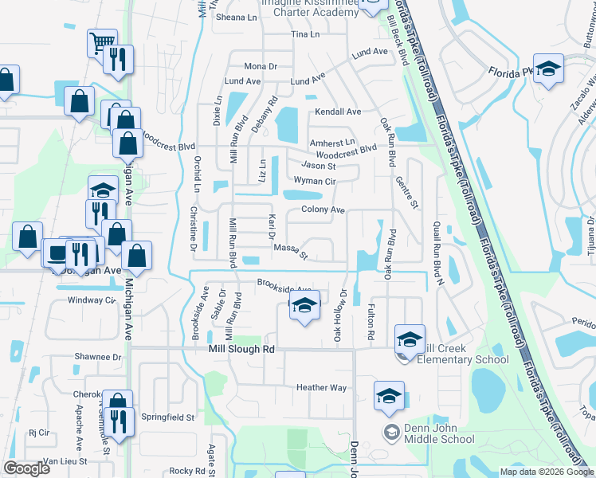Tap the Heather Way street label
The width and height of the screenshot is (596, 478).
tap(322, 387)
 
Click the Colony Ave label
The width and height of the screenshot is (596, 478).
tap(323, 210)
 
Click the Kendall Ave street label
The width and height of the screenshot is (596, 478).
tap(338, 112)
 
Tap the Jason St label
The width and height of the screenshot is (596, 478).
tap(320, 166)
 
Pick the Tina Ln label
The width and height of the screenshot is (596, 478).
tap(305, 35)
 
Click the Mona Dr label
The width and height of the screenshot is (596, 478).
tap(261, 66)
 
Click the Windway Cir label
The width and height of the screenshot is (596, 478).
tap(92, 300)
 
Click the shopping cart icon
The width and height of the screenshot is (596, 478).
tap(101, 42)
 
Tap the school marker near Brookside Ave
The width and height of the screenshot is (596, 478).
tap(304, 305)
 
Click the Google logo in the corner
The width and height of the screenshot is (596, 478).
tap(26, 468)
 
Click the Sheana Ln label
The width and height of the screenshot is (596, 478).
tap(237, 17)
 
